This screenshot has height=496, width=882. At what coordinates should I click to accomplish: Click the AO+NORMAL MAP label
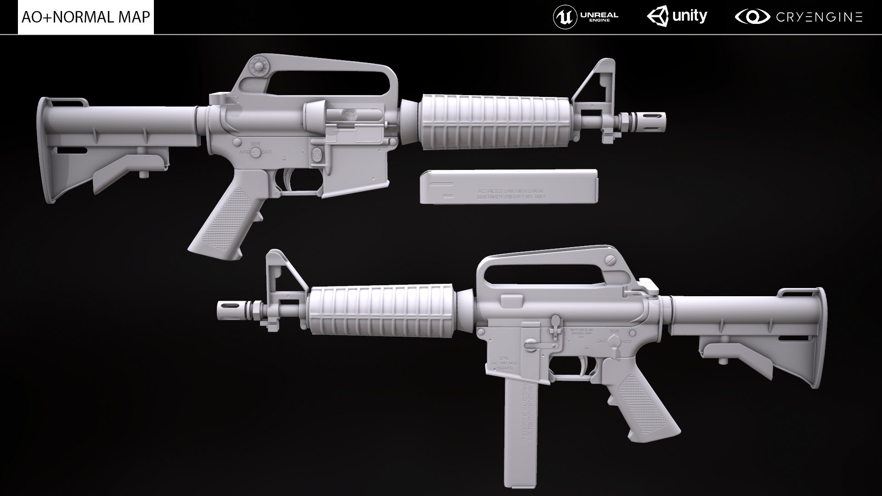click(86, 17)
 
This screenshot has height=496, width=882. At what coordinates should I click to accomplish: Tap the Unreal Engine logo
click(585, 17)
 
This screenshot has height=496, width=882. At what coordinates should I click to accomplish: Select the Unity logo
click(677, 17)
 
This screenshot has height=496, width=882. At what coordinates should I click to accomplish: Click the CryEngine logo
click(798, 17)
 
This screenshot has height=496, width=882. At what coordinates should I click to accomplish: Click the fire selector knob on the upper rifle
click(254, 152)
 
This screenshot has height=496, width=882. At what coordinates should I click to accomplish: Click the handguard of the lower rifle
click(381, 311)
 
